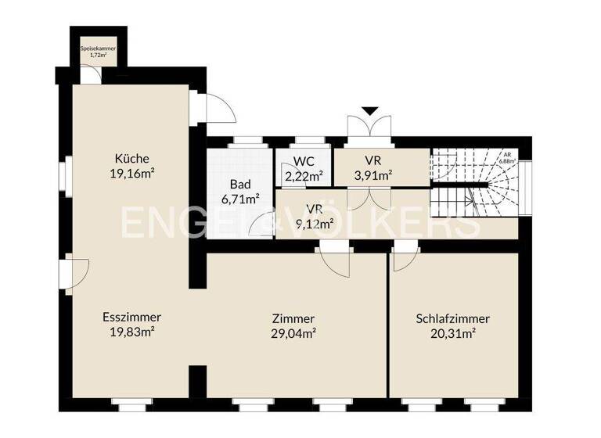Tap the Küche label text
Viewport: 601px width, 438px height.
[x=131, y=158]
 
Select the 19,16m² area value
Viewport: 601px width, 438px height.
[x=131, y=174]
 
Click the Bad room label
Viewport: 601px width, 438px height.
[x=239, y=185]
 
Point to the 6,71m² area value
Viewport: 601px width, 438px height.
[x=239, y=199]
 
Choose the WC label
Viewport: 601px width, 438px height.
[x=304, y=161]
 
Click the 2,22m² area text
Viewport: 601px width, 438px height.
[x=304, y=176]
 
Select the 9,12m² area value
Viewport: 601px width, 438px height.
[x=315, y=224]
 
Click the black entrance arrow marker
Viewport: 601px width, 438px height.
[x=369, y=111]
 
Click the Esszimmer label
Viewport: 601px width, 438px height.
[x=131, y=318]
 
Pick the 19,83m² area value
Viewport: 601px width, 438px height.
[x=131, y=332]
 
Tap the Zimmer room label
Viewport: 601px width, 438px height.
[x=293, y=318]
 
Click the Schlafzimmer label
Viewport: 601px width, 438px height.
[x=453, y=318]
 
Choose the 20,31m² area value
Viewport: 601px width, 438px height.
[x=453, y=333]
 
